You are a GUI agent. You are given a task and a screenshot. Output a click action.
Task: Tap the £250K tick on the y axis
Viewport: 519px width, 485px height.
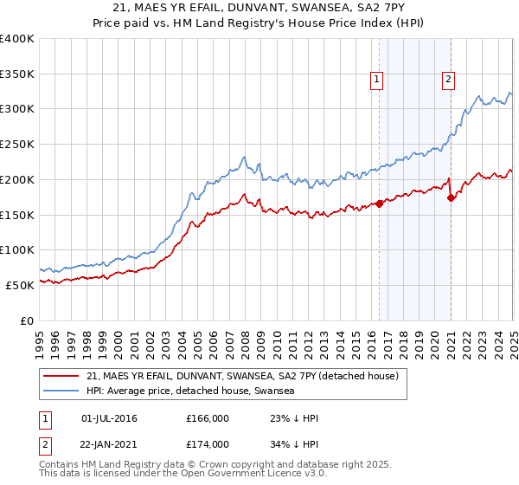(x=18, y=144)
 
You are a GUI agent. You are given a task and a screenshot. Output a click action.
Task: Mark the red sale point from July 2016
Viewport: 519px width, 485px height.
(x=380, y=204)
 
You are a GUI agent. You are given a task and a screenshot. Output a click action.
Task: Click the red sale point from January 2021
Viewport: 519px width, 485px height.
(x=452, y=198)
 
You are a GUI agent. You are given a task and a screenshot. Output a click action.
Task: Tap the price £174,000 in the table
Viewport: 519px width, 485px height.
(x=207, y=444)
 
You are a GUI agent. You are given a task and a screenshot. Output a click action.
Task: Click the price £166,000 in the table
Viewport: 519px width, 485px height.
(x=207, y=419)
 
